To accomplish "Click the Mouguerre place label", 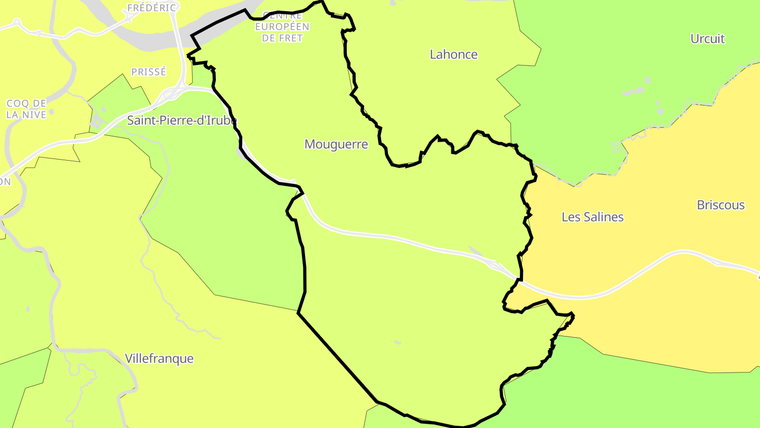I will (x=336, y=144).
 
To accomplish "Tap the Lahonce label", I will (x=453, y=54).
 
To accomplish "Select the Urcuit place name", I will (x=707, y=39).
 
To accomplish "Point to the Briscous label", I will (x=720, y=205).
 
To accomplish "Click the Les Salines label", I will (x=592, y=217).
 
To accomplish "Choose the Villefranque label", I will (x=159, y=358).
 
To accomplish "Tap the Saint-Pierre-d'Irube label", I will (x=182, y=120).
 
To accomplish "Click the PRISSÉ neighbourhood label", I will (x=148, y=72).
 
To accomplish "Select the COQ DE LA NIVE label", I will (x=26, y=109).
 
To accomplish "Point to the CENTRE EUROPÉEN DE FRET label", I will (x=282, y=26).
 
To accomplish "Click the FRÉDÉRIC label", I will (x=152, y=8).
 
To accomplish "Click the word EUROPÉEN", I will (x=282, y=27).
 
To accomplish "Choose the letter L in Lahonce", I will (x=433, y=54).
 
